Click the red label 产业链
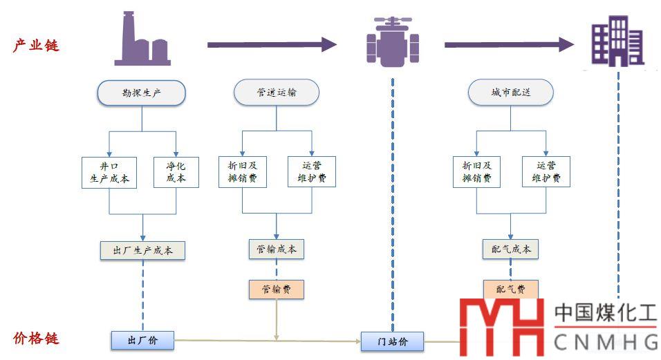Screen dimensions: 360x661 pyautogui.click(x=36, y=46)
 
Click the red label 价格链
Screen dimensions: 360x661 pyautogui.click(x=36, y=339)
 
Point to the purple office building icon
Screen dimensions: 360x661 pyautogui.click(x=617, y=41)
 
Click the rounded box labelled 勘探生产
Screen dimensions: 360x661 pyautogui.click(x=142, y=93)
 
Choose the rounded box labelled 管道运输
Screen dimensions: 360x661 pyautogui.click(x=277, y=93)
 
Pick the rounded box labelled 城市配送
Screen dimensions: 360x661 pyautogui.click(x=511, y=93)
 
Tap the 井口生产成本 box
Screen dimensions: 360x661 pyautogui.click(x=109, y=172)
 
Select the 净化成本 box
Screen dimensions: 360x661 pyautogui.click(x=176, y=172)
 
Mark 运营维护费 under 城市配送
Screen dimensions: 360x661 pyautogui.click(x=546, y=172)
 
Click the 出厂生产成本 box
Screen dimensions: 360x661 pyautogui.click(x=142, y=250)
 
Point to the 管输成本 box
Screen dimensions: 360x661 pyautogui.click(x=277, y=249)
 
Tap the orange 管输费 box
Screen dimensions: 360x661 pyautogui.click(x=277, y=290)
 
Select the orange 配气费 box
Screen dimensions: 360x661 pyautogui.click(x=511, y=290)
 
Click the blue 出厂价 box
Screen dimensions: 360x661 pyautogui.click(x=142, y=339)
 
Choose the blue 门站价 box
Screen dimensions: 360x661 pyautogui.click(x=392, y=341)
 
